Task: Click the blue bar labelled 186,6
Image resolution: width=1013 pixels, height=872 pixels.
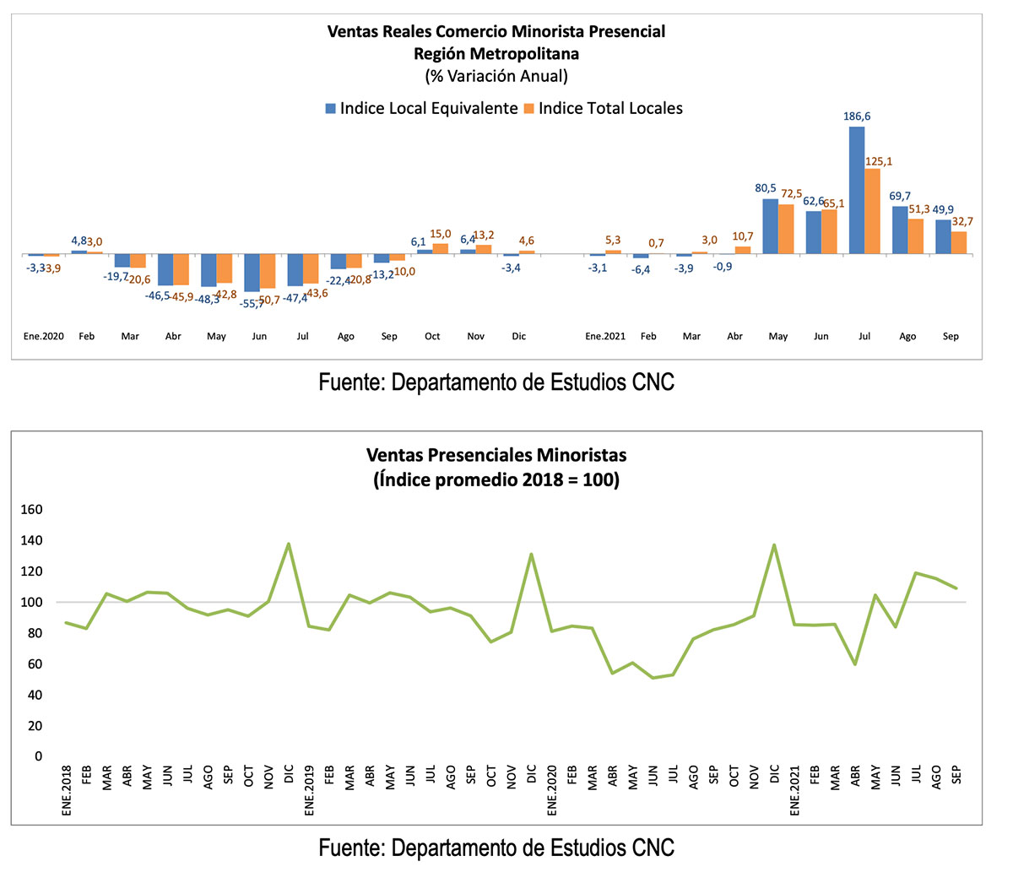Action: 856,190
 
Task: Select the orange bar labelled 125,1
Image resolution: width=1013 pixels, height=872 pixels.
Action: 872,211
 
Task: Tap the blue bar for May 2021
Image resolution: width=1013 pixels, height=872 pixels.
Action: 770,226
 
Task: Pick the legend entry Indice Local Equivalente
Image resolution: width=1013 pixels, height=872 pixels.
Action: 428,108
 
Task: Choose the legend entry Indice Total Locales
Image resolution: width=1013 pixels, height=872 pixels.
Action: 610,108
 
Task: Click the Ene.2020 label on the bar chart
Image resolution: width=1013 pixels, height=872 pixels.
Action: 44,336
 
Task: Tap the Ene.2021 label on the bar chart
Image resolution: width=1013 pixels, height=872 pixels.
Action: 605,336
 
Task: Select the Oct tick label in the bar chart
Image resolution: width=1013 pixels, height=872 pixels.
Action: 432,336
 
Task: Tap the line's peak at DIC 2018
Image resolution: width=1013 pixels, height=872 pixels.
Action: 289,544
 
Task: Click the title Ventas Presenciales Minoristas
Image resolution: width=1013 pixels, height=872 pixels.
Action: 496,455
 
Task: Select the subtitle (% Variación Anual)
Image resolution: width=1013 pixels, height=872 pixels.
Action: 496,76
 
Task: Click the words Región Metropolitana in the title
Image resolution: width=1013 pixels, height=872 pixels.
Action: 496,53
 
